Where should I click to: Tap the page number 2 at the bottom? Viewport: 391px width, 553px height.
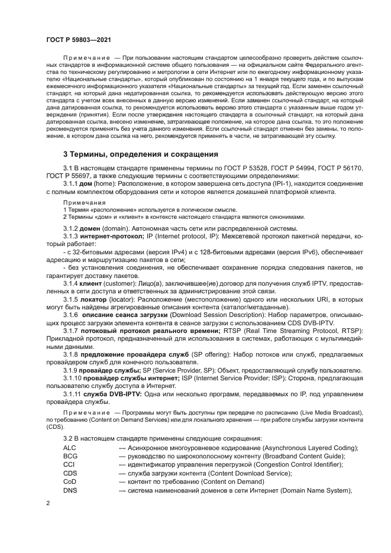48,503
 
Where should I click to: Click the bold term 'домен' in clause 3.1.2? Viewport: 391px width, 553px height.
91,228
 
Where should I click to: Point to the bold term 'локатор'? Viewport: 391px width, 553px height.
96,300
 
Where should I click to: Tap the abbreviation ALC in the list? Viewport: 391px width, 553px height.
70,448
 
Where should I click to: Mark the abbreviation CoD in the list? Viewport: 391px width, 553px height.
70,481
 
